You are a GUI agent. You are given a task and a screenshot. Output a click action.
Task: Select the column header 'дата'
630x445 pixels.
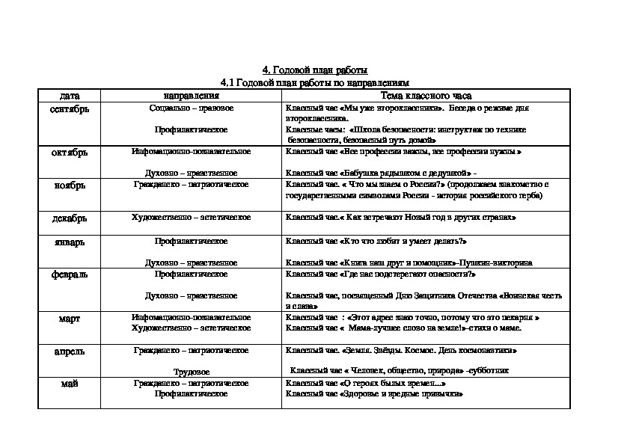point(70,96)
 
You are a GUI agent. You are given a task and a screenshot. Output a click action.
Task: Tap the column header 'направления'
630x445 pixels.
point(191,96)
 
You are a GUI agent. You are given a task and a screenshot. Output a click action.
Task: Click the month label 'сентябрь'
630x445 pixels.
point(70,109)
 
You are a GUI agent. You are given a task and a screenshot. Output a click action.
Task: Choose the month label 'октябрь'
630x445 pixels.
point(70,152)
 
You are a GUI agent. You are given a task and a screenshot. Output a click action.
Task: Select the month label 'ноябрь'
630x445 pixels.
point(70,185)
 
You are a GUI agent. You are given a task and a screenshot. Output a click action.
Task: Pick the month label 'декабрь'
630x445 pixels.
point(70,218)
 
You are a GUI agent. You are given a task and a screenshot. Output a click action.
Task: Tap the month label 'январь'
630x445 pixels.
point(70,242)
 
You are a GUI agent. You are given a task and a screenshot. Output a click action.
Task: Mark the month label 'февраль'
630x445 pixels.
point(70,274)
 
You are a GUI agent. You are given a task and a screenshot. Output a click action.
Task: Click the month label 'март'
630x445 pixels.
point(70,318)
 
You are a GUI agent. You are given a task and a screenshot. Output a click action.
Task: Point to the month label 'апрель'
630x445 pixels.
point(70,351)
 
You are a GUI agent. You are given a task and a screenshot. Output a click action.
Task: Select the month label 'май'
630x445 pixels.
point(70,383)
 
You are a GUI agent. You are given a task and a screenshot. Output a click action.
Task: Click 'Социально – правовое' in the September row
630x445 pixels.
point(191,108)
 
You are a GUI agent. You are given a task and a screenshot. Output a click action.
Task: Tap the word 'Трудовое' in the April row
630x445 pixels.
point(191,371)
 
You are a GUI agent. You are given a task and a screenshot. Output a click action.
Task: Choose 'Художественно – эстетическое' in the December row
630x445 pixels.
point(191,218)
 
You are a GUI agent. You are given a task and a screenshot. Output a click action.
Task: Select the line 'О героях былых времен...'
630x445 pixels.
point(361,383)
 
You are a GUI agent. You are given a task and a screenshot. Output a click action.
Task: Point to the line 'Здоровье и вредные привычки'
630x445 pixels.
point(370,393)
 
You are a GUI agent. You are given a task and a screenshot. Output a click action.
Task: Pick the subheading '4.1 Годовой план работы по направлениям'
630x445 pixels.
point(315,82)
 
